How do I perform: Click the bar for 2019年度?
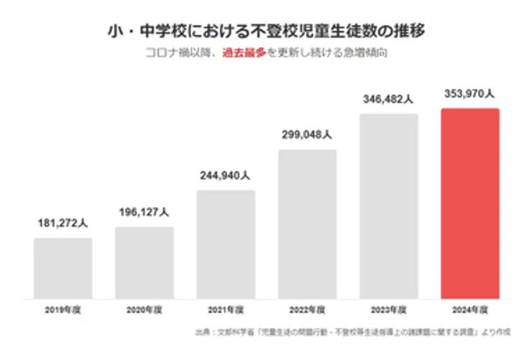point(63,268)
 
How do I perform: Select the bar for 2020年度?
point(144,263)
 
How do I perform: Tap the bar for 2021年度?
point(226,244)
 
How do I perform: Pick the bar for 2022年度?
point(307,224)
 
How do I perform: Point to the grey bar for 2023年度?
point(389,206)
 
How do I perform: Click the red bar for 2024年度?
point(470,203)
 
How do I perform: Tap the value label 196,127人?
point(144,212)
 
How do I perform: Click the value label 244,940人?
point(226,175)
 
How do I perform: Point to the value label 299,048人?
point(307,135)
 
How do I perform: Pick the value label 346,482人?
point(389,99)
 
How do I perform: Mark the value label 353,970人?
point(470,93)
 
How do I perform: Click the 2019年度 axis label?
point(63,310)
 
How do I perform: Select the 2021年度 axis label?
point(226,310)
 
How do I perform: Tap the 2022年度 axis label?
point(307,310)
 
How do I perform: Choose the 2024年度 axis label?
point(470,310)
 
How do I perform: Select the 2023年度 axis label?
point(389,310)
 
